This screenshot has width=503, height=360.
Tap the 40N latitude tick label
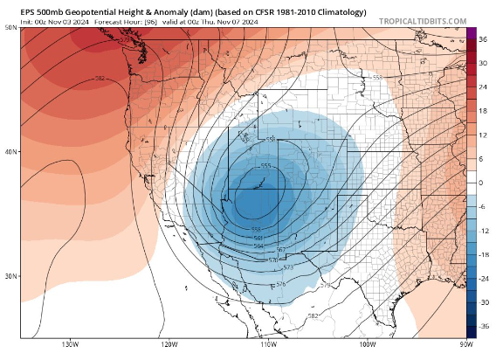coord(10,152)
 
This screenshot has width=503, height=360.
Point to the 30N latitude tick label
coord(10,276)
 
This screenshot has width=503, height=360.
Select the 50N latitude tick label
coord(10,28)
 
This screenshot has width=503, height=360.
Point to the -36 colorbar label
coord(483,324)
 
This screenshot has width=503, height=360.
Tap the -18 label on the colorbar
coord(483,253)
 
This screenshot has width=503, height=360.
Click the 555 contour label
coord(265,166)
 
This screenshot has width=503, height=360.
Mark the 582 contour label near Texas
coord(314,316)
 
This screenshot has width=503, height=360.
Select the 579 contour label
coord(326,286)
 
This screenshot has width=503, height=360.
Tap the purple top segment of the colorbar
coord(471,34)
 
